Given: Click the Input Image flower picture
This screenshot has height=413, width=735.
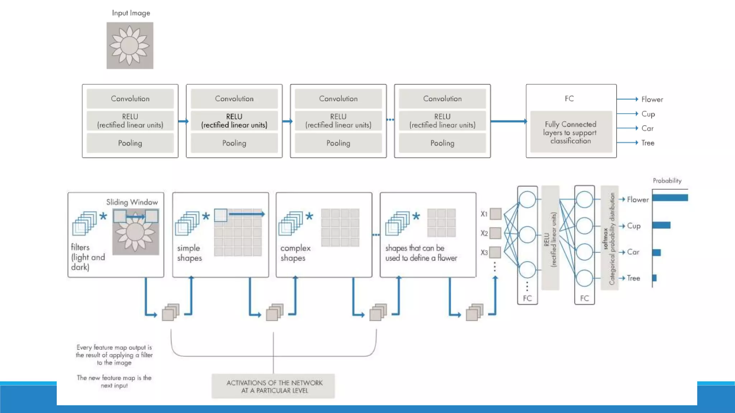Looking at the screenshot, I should click(x=130, y=46).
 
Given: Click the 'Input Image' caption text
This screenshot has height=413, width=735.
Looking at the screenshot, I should click(x=131, y=13).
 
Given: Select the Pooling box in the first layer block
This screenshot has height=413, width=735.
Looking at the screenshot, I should click(x=130, y=143).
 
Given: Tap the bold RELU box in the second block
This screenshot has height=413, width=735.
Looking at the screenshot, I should click(x=234, y=121).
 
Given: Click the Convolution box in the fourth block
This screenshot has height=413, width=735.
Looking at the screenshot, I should click(x=442, y=99).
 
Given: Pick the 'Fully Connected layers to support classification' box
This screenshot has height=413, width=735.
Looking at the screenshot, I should click(x=571, y=132).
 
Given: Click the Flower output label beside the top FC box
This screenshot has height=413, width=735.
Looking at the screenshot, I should click(x=652, y=99).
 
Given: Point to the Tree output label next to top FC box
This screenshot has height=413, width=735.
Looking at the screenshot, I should click(x=648, y=143).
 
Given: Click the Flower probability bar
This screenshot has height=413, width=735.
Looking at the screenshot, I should click(x=670, y=198).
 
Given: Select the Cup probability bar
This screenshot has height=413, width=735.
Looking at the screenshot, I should click(x=661, y=225).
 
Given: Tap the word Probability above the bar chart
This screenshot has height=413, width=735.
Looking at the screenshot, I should click(x=667, y=181).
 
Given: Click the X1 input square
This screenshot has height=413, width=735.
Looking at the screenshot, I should click(x=495, y=214).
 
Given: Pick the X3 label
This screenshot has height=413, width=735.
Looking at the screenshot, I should click(x=484, y=252).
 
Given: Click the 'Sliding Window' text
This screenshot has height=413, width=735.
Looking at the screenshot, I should click(x=132, y=202).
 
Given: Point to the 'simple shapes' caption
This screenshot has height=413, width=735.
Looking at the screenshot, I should click(x=189, y=253).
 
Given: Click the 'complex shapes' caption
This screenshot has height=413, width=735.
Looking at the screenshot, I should click(x=295, y=253).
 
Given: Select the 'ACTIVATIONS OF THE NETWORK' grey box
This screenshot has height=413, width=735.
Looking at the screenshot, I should click(x=273, y=386).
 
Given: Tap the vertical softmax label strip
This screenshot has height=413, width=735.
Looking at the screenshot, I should click(x=609, y=238).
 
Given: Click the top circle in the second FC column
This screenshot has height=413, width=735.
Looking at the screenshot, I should click(x=584, y=200).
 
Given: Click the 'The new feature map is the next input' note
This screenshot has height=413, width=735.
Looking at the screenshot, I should click(x=114, y=381).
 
